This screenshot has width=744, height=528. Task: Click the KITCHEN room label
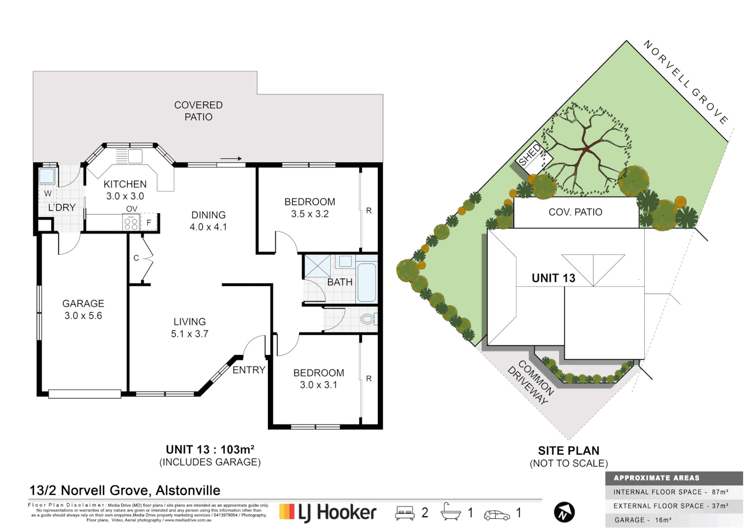(x=125, y=184)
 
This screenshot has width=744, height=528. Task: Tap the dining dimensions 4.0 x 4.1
(x=208, y=227)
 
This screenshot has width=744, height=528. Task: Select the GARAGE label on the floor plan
(x=83, y=304)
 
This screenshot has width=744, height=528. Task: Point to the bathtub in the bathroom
(x=367, y=283)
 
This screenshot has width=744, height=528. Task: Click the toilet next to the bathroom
(x=367, y=319)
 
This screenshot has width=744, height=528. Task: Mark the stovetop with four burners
(x=131, y=224)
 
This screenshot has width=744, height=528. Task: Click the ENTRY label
(x=249, y=370)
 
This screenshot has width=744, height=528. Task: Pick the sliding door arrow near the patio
(x=231, y=158)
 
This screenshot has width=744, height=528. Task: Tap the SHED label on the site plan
(x=530, y=155)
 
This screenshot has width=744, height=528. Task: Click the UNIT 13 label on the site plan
(x=553, y=278)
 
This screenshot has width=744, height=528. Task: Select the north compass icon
(x=564, y=512)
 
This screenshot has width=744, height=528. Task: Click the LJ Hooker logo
(x=328, y=512)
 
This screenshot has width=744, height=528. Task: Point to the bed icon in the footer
(x=405, y=513)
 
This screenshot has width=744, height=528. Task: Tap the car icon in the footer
(x=497, y=515)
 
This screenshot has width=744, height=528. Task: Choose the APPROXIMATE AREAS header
(x=656, y=478)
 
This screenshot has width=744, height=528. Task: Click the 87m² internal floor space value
(x=720, y=492)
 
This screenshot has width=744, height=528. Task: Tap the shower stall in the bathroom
(x=318, y=266)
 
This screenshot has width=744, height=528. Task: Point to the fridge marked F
(x=149, y=222)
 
